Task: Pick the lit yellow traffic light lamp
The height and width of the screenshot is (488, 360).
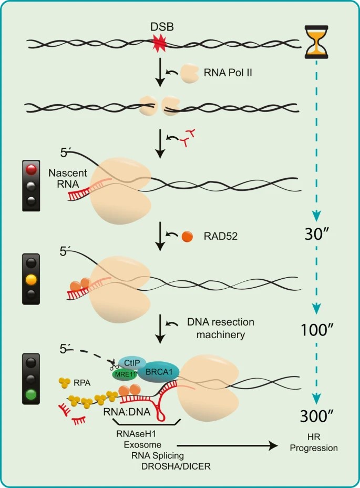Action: [x=32, y=279]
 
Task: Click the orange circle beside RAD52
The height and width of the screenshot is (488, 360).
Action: [x=187, y=236]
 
